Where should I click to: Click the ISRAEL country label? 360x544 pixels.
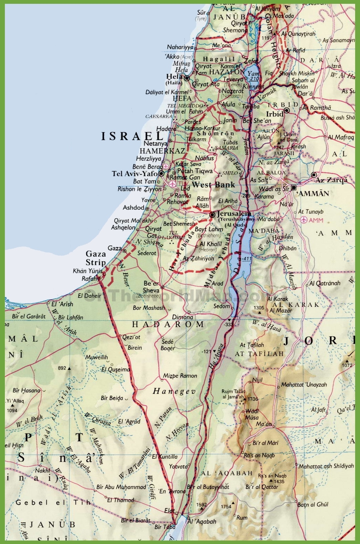(x=132, y=136)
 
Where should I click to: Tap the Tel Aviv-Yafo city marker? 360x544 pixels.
(x=161, y=173)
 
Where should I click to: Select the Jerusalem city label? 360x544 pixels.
(x=234, y=213)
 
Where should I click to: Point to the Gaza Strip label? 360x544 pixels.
(x=96, y=258)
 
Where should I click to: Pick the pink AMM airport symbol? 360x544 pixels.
(x=304, y=220)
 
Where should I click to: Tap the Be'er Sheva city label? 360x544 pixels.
(x=151, y=287)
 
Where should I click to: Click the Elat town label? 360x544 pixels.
(x=169, y=511)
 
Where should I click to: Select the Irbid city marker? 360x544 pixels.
(x=287, y=111)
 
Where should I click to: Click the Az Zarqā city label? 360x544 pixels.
(x=331, y=180)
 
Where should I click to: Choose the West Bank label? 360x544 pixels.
(x=213, y=185)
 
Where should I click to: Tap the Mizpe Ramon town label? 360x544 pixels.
(x=180, y=375)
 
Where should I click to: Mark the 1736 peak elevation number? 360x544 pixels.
(x=253, y=399)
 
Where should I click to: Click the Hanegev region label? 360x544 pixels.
(x=174, y=391)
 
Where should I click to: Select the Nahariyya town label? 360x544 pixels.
(x=180, y=47)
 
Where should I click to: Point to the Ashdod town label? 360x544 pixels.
(x=133, y=208)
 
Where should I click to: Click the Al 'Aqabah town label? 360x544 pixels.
(x=202, y=521)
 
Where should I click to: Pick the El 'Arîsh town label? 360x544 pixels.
(x=62, y=304)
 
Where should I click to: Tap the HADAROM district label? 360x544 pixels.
(x=168, y=324)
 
